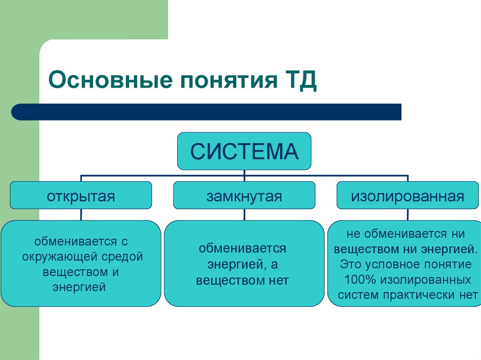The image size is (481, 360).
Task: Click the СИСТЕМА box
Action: click(x=244, y=151)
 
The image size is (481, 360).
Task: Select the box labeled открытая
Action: click(x=81, y=195)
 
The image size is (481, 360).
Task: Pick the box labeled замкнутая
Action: click(x=244, y=195)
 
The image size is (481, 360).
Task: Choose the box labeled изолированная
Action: click(x=407, y=195)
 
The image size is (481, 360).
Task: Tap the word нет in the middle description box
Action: click(x=279, y=281)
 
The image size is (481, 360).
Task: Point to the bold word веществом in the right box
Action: click(x=364, y=249)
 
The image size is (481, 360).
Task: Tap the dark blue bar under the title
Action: click(x=207, y=112)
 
